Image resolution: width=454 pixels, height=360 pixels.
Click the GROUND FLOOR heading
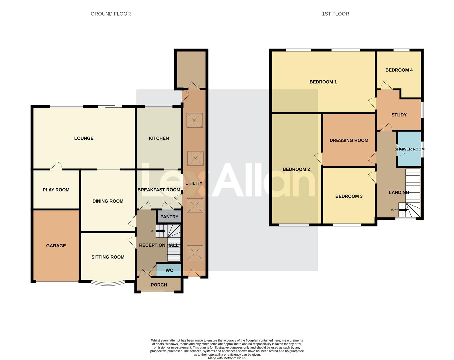click(111, 14)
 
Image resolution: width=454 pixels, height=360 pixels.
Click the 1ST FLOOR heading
click(335, 14)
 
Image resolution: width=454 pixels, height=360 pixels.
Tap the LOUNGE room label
click(84, 138)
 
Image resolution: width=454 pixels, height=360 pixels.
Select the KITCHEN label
click(159, 138)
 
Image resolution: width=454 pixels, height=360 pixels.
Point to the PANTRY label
click(169, 217)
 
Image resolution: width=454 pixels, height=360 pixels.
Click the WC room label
click(169, 270)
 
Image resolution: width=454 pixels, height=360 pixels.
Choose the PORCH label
click(159, 285)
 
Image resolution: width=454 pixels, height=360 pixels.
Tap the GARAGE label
click(56, 246)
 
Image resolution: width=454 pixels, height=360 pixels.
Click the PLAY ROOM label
click(56, 190)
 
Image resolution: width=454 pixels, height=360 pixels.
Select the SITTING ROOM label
click(108, 257)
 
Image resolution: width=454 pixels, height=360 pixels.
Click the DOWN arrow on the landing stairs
click(402, 210)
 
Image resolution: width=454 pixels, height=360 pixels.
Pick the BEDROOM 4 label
click(399, 70)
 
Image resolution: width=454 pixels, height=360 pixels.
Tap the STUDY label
click(399, 115)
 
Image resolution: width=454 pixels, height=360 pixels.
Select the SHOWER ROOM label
click(409, 149)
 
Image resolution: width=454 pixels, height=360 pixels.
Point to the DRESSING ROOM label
click(349, 140)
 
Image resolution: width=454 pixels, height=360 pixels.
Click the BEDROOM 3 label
click(349, 196)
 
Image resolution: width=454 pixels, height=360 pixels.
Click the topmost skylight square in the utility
click(195, 120)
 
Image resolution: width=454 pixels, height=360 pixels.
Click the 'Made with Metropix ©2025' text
click(227, 358)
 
